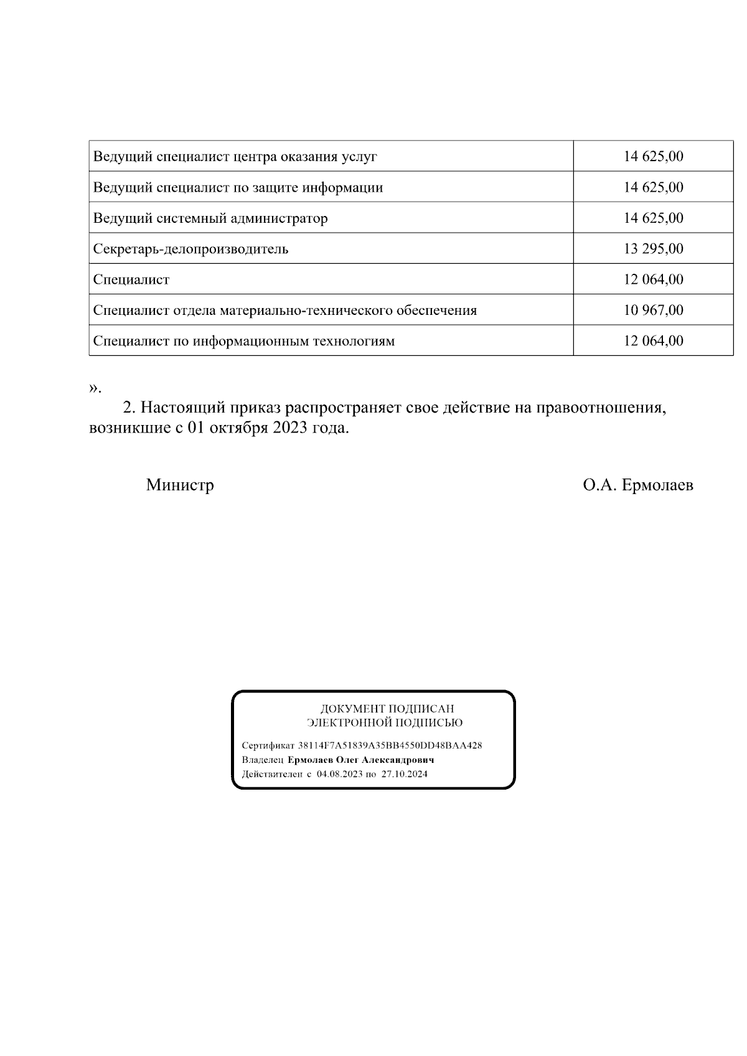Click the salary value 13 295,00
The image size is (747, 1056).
pos(653,249)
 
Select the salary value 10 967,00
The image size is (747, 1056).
pos(653,310)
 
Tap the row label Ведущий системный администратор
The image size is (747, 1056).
pos(210,218)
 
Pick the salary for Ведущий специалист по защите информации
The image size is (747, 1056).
pos(653,187)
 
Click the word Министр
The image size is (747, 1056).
pos(180,485)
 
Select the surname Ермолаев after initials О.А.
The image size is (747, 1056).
pos(657,485)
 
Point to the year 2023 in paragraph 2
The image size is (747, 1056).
pos(290,429)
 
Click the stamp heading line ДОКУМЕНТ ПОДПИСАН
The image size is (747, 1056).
pos(387,709)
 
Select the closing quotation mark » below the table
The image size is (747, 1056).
pos(93,389)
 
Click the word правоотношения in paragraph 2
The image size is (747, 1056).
pos(601,408)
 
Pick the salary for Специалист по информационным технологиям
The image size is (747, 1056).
pos(653,341)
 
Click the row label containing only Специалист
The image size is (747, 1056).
pos(131,280)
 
